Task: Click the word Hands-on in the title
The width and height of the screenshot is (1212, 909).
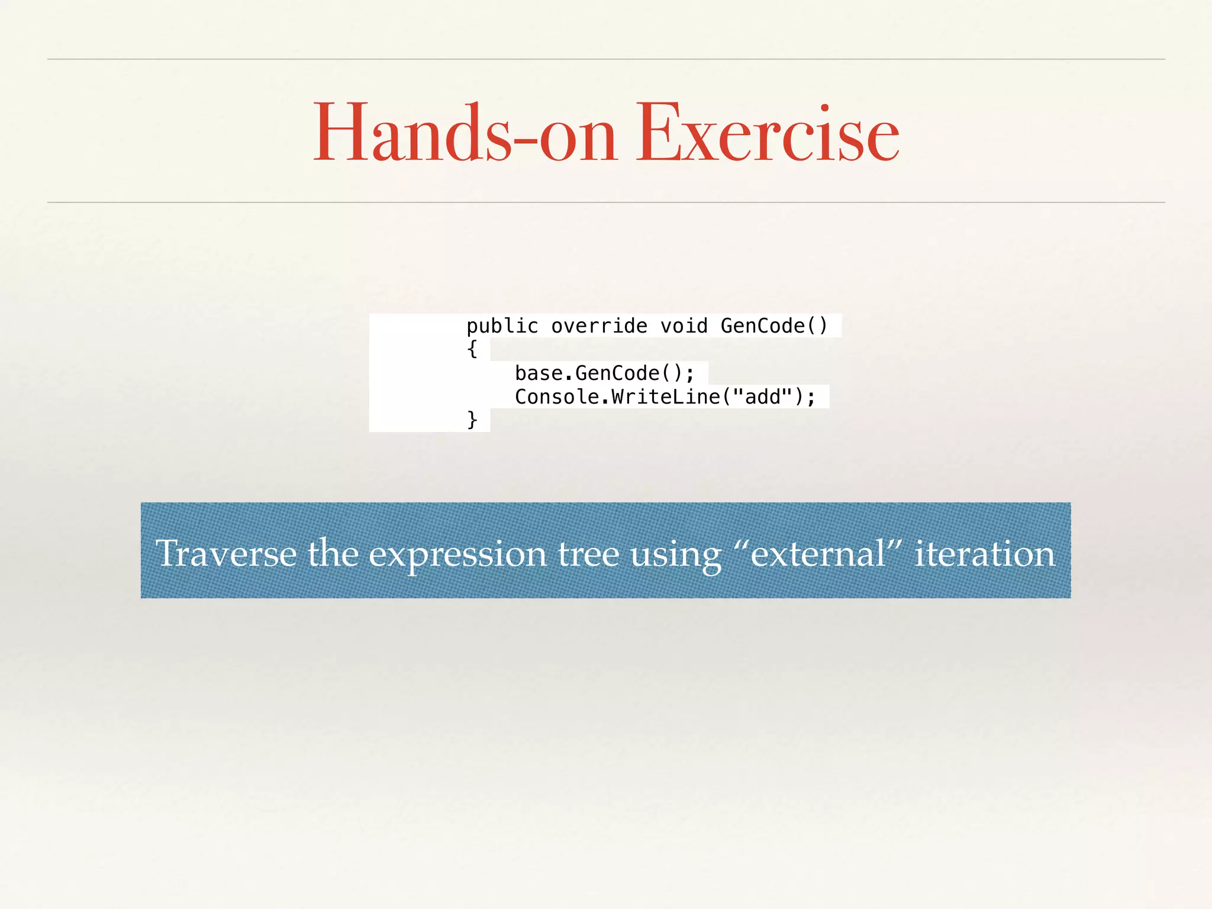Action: pos(465,134)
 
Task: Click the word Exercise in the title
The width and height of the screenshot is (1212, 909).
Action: pos(767,134)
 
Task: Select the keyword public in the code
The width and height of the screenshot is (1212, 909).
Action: pos(502,326)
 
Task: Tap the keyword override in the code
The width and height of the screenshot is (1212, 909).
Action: pos(599,326)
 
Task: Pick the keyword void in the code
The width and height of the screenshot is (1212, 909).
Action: pos(684,326)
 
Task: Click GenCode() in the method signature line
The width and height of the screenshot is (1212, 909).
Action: pos(773,326)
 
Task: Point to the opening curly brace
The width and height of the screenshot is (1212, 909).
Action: pos(472,349)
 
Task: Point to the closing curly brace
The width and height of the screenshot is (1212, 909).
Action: pos(472,420)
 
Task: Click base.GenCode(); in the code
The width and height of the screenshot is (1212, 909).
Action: pos(604,373)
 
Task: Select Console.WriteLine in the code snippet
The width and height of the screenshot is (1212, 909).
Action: pos(617,397)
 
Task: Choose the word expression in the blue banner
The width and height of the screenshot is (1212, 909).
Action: pos(457,555)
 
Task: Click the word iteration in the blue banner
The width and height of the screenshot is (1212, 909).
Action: pos(984,554)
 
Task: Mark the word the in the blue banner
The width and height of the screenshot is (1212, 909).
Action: pos(333,554)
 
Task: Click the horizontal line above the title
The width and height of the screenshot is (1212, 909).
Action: pos(606,59)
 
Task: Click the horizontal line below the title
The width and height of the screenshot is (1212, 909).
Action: pos(606,202)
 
